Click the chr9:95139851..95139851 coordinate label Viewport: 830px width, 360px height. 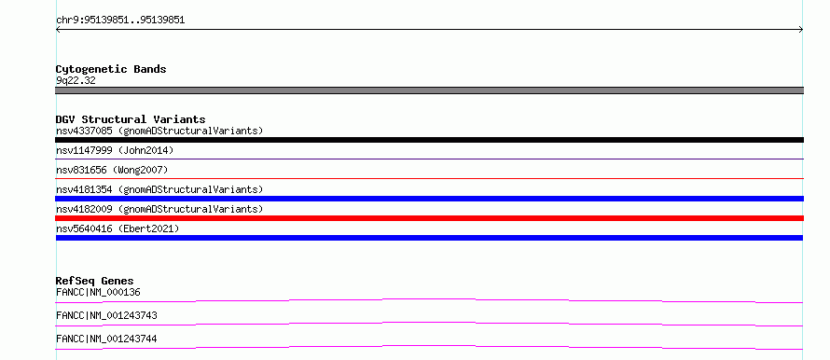point(120,21)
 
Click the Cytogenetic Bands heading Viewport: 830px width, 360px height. point(111,69)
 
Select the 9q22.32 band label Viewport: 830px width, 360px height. point(76,80)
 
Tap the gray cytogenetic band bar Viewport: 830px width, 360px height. point(429,90)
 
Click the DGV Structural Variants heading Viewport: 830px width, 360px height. point(131,119)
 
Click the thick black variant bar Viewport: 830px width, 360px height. point(429,140)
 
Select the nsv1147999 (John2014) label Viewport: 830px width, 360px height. point(115,150)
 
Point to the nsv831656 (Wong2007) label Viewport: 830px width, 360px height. point(112,170)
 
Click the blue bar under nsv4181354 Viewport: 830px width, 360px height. point(429,199)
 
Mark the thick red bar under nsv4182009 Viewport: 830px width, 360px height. point(429,218)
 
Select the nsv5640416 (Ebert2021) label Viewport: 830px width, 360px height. point(118,228)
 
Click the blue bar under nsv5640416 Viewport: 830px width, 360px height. point(429,238)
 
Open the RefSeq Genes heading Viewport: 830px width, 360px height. point(95,281)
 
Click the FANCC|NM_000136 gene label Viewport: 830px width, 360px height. point(98,292)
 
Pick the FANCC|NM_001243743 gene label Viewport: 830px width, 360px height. point(106,315)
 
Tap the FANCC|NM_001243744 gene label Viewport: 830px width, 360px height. point(106,339)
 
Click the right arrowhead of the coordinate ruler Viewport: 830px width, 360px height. point(802,30)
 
